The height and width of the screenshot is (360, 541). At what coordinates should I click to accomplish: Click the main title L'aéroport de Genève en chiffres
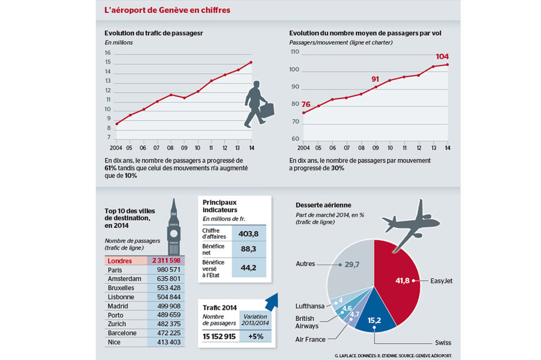[x=167, y=11]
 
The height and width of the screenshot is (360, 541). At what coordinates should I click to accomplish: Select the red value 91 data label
[x=375, y=79]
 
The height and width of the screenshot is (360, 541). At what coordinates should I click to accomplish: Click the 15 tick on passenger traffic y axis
[x=108, y=53]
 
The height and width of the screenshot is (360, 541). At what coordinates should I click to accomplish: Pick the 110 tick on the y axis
[x=293, y=52]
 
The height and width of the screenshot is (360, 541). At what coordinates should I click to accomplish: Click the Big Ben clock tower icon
[x=175, y=225]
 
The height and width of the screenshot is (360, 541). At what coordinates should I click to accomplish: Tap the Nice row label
[x=114, y=341]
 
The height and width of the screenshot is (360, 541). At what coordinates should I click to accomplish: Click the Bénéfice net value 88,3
[x=249, y=249]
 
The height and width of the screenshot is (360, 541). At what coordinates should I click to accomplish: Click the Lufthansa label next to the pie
[x=310, y=306]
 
